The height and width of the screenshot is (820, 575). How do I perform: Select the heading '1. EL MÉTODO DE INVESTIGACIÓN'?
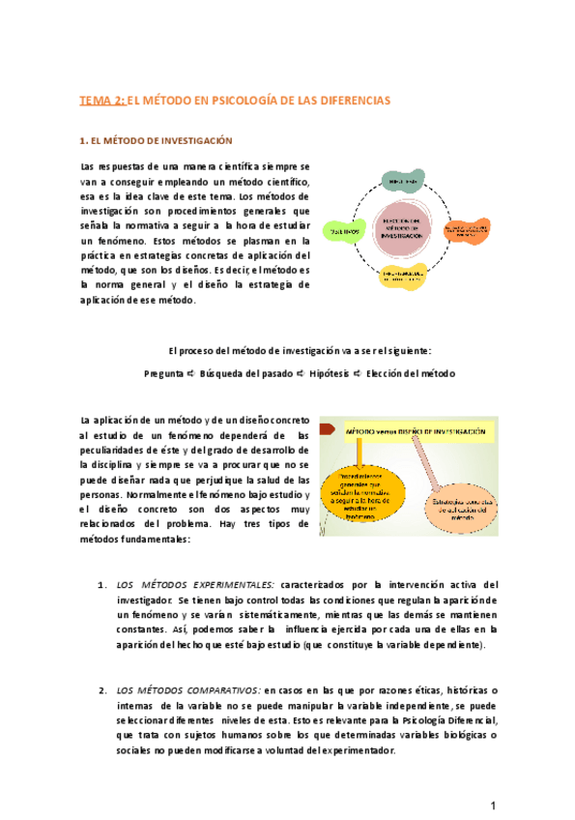pos(156,140)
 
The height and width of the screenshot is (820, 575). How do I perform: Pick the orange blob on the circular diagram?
pos(471,231)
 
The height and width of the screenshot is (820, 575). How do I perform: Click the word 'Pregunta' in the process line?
pos(163,373)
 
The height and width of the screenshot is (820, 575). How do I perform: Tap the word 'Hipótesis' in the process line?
pos(324,373)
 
